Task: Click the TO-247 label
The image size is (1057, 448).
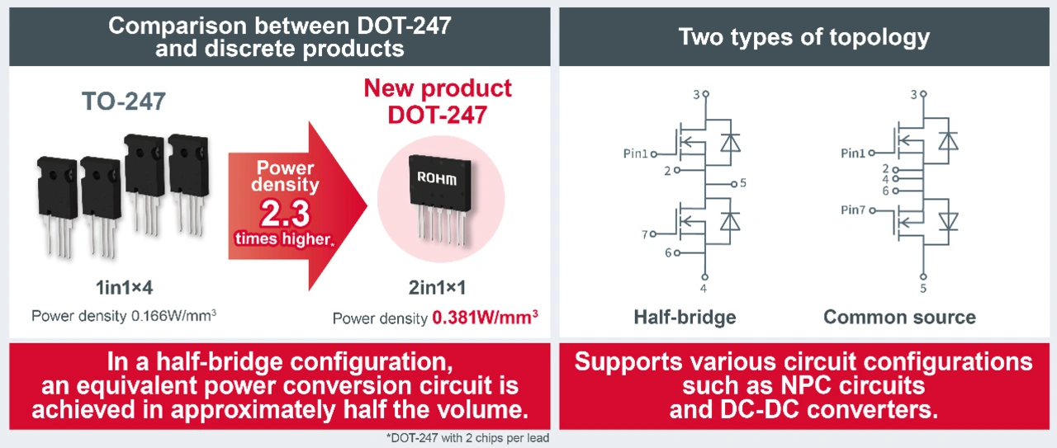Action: click(124, 101)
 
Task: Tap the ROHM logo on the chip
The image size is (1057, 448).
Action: click(437, 178)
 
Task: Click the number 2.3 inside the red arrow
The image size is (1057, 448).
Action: click(285, 214)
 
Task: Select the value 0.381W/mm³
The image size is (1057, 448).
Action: click(485, 318)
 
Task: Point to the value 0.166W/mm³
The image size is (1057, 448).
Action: click(173, 315)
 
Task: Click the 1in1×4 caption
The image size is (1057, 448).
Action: click(124, 287)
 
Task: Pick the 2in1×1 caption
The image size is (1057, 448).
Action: click(437, 287)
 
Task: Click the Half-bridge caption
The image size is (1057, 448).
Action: click(685, 318)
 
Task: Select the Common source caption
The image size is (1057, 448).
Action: click(899, 317)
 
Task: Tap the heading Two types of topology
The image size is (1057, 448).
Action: click(804, 37)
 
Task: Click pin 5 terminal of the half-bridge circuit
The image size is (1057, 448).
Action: click(734, 184)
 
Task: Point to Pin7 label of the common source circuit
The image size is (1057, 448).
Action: click(853, 210)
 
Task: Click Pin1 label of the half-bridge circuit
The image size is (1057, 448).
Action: click(636, 153)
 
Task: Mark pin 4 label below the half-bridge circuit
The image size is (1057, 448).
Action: click(704, 288)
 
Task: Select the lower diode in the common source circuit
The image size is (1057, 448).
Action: click(948, 222)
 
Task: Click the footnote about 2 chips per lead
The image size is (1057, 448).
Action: click(467, 438)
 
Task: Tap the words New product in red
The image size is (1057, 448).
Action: click(438, 88)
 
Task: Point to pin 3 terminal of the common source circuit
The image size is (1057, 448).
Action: click(923, 94)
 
